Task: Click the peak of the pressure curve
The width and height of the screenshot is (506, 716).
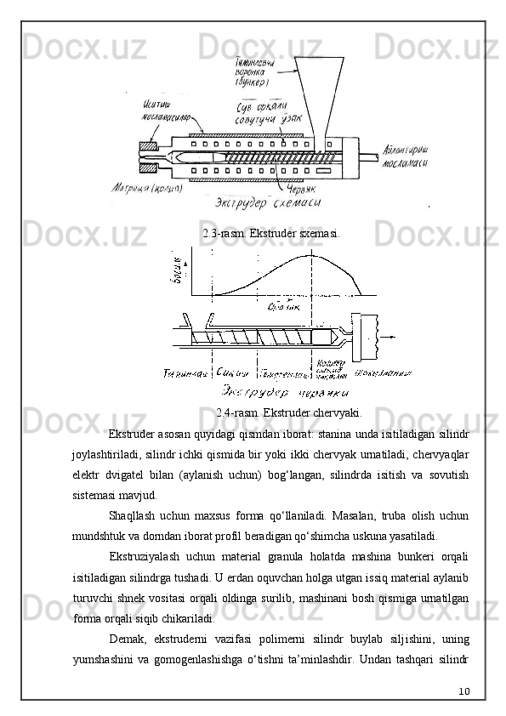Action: click(311, 254)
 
